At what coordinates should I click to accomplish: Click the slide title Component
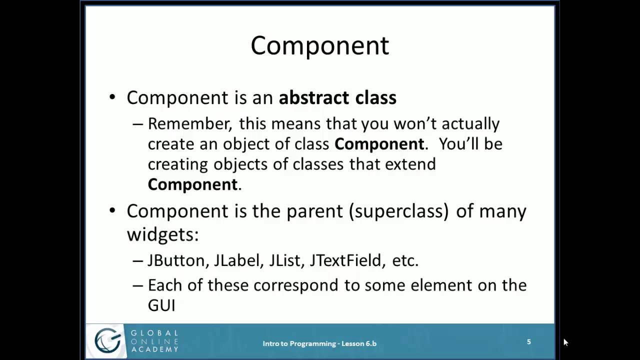pyautogui.click(x=319, y=45)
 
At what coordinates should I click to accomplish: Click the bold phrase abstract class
pyautogui.click(x=337, y=97)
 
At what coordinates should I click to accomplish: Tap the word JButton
pyautogui.click(x=177, y=260)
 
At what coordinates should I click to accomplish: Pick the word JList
pyautogui.click(x=286, y=260)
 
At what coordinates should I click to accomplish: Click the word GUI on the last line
pyautogui.click(x=161, y=305)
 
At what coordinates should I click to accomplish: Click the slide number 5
pyautogui.click(x=528, y=342)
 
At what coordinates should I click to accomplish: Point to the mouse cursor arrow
pyautogui.click(x=565, y=342)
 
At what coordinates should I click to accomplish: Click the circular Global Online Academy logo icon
pyautogui.click(x=107, y=341)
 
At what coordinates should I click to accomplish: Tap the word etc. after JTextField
pyautogui.click(x=405, y=260)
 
